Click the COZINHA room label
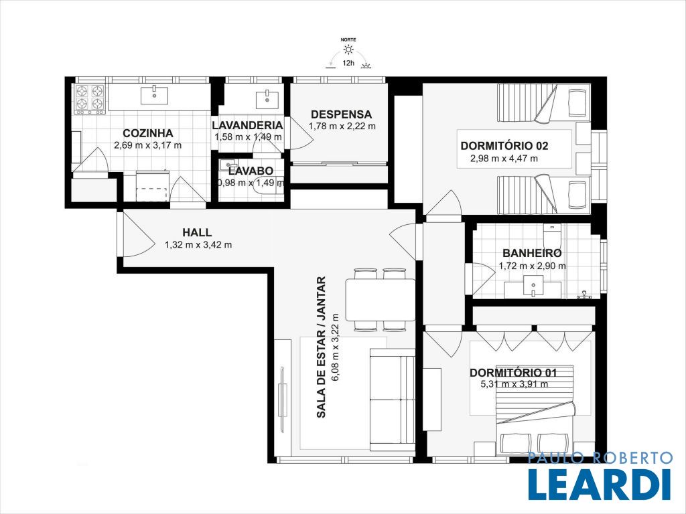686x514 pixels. [x=148, y=133]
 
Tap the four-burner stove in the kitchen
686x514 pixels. [x=90, y=99]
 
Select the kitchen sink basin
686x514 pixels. [x=155, y=95]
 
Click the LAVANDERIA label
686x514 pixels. [x=247, y=125]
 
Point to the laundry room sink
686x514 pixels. [x=267, y=98]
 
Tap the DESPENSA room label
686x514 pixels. [x=341, y=114]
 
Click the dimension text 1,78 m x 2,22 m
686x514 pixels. [x=342, y=126]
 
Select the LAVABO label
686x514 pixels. [x=251, y=171]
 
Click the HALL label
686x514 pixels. [x=197, y=232]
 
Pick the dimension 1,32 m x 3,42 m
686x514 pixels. [x=198, y=245]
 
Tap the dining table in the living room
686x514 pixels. [x=381, y=300]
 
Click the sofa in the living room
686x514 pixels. [x=393, y=400]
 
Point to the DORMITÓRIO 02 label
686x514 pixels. [x=504, y=146]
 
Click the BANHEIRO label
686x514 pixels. [x=532, y=253]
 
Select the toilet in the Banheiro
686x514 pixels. [x=552, y=234]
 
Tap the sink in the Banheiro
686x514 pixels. [x=533, y=288]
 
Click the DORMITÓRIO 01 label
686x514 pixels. [x=513, y=373]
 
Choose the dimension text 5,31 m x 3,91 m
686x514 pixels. [x=514, y=384]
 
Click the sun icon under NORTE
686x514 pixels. [x=348, y=49]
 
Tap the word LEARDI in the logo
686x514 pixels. [x=600, y=485]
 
